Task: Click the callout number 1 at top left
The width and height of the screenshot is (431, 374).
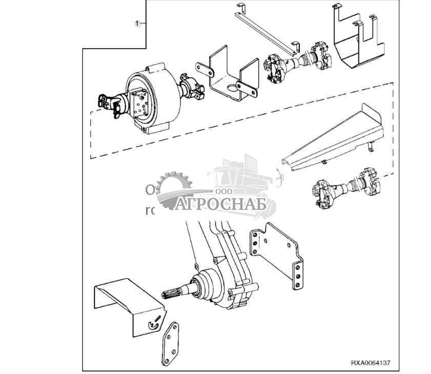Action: pyautogui.click(x=137, y=24)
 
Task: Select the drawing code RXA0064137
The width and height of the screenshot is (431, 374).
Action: pyautogui.click(x=371, y=363)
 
